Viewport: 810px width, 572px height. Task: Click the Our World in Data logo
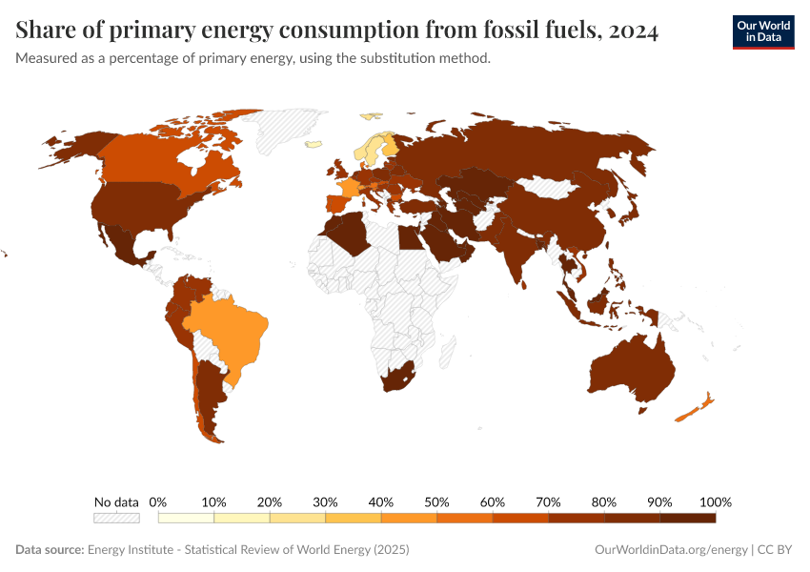762,31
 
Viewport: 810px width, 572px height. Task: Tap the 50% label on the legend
436,501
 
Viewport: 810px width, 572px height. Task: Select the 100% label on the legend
715,501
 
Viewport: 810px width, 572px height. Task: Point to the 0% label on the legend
158,501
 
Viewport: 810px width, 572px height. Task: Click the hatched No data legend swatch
116,518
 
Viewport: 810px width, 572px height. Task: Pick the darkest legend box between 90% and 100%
687,518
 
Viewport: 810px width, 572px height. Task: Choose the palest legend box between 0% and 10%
186,518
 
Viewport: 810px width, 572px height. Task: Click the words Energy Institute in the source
128,550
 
